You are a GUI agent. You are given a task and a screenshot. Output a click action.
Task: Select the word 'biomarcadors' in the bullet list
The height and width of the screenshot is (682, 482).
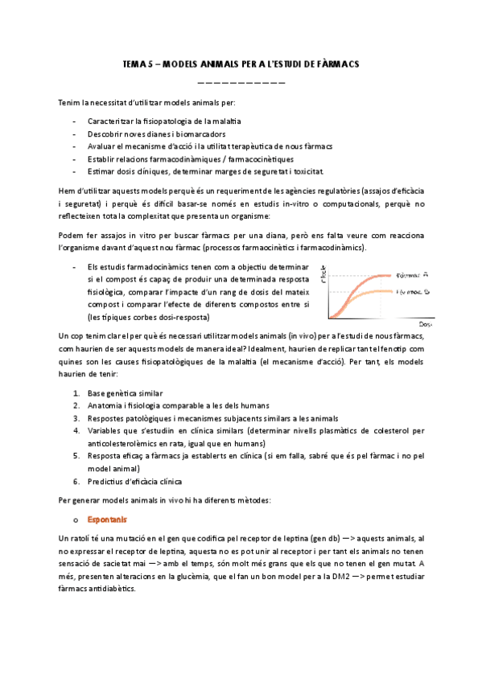click(203, 134)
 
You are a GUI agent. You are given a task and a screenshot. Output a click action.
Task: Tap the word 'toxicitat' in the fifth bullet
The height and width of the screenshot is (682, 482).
click(307, 171)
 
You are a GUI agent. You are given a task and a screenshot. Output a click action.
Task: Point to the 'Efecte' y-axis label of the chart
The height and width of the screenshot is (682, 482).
click(323, 275)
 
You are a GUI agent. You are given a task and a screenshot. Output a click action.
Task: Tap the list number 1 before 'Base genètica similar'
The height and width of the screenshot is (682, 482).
click(76, 393)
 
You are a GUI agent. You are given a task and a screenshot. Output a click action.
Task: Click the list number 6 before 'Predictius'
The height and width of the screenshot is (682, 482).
click(76, 482)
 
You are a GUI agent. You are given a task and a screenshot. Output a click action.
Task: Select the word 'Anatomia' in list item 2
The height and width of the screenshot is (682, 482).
click(105, 405)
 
